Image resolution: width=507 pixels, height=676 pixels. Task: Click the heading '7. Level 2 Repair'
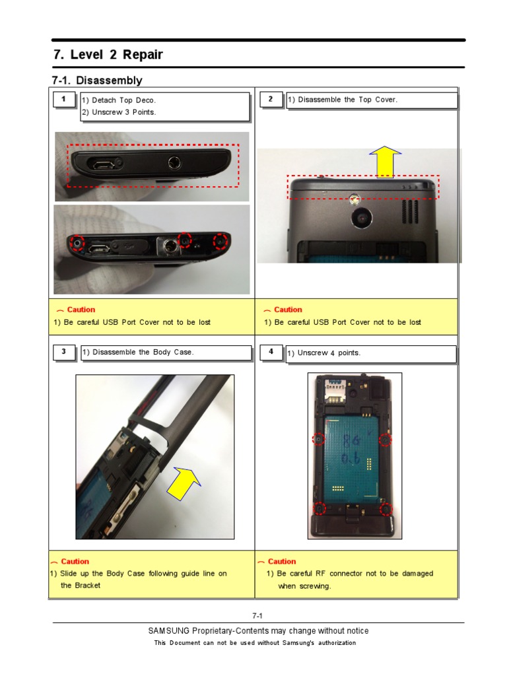108,55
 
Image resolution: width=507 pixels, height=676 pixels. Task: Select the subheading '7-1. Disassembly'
97,81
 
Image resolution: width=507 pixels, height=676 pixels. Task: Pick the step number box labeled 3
63,352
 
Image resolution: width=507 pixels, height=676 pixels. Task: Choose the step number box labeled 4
271,352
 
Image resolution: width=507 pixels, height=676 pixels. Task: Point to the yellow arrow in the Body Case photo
186,487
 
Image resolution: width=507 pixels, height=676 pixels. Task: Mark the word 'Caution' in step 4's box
282,562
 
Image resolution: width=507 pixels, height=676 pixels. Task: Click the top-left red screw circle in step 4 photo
318,439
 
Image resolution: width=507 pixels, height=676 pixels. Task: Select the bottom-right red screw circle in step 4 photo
386,509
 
